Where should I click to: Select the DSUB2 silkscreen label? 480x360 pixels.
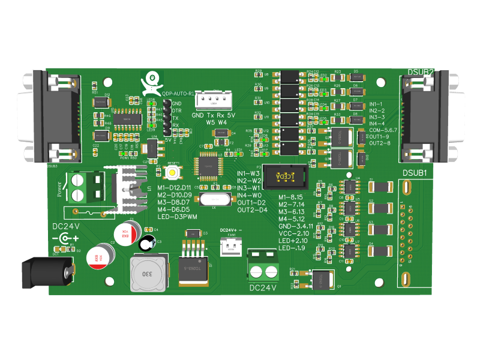pos(420,73)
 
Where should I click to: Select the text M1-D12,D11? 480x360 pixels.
pos(175,188)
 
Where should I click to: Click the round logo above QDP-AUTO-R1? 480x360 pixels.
pos(152,79)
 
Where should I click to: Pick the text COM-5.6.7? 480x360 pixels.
pos(383,130)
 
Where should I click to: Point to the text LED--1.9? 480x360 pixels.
pos(292,247)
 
